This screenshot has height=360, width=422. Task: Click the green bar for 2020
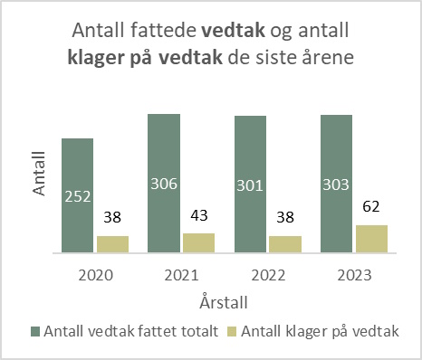[78, 194]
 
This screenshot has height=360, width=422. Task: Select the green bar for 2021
[164, 183]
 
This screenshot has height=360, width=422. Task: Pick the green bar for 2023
[336, 184]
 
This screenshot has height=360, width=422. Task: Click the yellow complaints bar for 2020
[112, 244]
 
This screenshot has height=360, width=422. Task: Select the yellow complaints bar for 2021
[198, 242]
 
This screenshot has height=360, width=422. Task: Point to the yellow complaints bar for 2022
[284, 244]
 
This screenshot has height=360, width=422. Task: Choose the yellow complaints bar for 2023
[371, 239]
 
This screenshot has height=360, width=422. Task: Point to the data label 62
[371, 207]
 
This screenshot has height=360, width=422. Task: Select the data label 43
[198, 216]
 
